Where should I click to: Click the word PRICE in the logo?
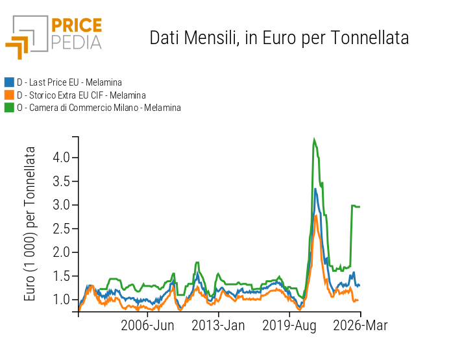click(76, 26)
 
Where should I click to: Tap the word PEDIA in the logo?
click(76, 42)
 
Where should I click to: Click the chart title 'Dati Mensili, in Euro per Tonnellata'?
click(279, 38)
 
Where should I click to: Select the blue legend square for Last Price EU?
click(9, 82)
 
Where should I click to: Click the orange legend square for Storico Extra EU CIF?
click(9, 95)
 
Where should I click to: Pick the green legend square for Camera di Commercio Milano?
click(9, 108)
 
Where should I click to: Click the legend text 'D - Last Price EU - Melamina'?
click(69, 82)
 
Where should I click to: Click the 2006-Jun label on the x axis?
click(147, 325)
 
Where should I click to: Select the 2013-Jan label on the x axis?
click(218, 325)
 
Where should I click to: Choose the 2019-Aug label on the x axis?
click(289, 325)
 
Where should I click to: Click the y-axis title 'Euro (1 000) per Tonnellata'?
click(30, 224)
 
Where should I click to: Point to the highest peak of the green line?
click(314, 139)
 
